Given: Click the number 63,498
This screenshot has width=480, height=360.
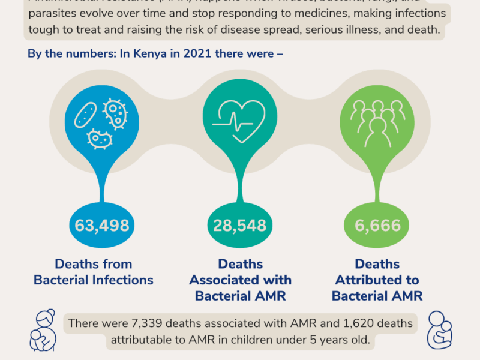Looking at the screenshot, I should coord(102,226).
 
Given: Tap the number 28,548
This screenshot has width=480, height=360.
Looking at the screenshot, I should coord(240,226).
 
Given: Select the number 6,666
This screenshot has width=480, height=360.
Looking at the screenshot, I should coord(377,226).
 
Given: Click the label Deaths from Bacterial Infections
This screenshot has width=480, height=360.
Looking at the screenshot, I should coord(94,272).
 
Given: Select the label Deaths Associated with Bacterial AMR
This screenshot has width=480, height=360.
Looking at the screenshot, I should coord(240,280).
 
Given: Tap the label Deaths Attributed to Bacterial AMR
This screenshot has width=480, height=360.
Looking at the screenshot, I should coord(377,280).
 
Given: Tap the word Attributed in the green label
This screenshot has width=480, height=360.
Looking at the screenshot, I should coord(377,280).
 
